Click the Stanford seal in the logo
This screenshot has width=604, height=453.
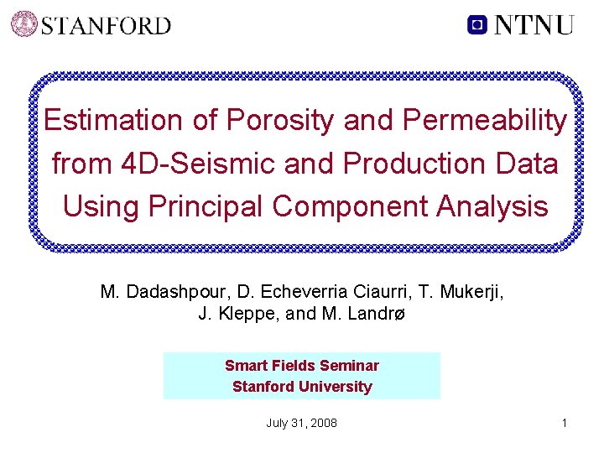tap(24, 23)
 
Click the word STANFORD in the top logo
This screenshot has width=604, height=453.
tap(106, 25)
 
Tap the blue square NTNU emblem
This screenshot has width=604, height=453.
tap(477, 24)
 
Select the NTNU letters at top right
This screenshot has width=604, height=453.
tap(534, 24)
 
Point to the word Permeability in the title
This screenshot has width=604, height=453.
tap(485, 121)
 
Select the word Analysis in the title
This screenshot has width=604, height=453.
tap(493, 206)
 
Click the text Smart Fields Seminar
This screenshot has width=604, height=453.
tap(302, 366)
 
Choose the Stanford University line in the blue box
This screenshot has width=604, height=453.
tap(302, 387)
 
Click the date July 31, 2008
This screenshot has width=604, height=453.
tap(302, 423)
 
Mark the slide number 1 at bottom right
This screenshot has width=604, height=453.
tap(565, 423)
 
